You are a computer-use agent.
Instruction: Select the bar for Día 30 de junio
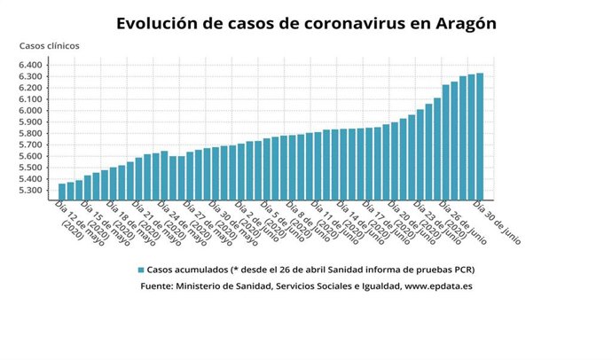(x=480, y=137)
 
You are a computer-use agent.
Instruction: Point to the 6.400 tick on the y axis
(x=29, y=65)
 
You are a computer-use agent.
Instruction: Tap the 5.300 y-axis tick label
(x=29, y=191)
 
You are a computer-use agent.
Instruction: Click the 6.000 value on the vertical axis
(x=29, y=111)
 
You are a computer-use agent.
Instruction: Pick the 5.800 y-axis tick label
(x=29, y=134)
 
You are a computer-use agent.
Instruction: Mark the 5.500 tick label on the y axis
(x=29, y=168)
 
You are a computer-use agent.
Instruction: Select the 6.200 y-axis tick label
(x=29, y=88)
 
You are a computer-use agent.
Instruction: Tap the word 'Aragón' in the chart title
(x=459, y=23)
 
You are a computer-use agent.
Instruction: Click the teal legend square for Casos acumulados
(x=140, y=270)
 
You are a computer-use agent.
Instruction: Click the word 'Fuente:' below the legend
(x=158, y=286)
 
